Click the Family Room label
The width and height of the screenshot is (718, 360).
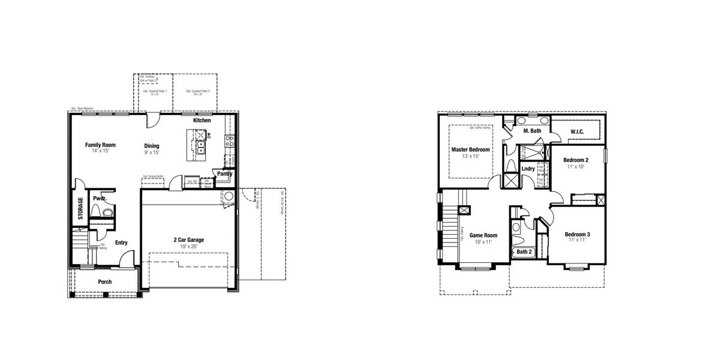point(100,145)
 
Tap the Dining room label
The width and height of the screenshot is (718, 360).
point(152,146)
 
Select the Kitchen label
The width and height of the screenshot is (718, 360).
point(202,121)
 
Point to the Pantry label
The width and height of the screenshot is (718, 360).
point(224,174)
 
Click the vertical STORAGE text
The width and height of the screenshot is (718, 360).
point(80,208)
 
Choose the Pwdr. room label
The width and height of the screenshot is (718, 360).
point(99,198)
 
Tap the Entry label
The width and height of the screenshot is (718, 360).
point(121,243)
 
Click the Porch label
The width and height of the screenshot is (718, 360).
point(105,282)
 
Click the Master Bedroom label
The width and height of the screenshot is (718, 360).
point(471,149)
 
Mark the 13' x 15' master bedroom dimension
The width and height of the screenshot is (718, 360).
point(471,156)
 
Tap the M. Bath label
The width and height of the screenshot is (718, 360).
point(532,131)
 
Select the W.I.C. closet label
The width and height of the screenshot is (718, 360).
point(577,132)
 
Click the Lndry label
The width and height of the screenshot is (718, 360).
point(528,169)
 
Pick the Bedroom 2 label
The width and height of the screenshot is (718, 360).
point(576,160)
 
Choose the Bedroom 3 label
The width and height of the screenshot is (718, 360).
point(577,234)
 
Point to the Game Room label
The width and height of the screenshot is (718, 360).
point(483,235)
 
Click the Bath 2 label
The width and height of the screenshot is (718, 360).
point(524,252)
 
